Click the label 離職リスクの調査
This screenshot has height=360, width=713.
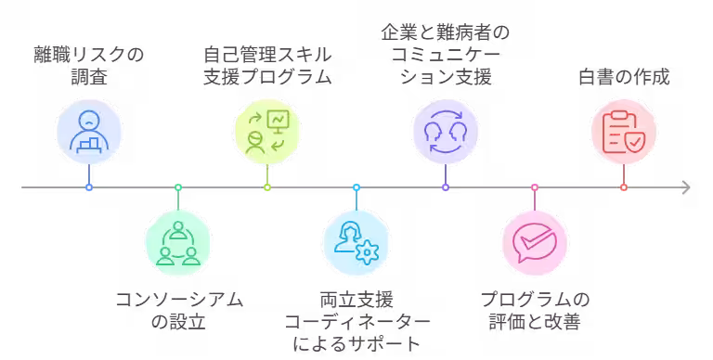click(x=89, y=66)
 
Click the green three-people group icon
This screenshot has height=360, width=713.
click(x=178, y=243)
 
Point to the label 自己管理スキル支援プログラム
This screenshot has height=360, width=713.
click(x=267, y=66)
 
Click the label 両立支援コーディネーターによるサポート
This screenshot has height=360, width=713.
click(x=356, y=321)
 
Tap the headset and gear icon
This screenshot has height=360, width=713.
click(x=356, y=243)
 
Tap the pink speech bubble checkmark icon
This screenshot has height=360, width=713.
click(x=535, y=243)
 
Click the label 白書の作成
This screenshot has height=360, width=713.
click(x=624, y=77)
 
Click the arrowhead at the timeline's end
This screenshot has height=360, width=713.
click(x=686, y=187)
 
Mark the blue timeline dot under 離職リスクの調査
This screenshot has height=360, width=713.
click(x=89, y=187)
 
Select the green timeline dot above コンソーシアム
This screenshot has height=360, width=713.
click(x=178, y=187)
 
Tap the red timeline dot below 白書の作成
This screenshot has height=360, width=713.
click(x=624, y=187)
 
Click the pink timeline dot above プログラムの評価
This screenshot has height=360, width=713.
click(x=535, y=187)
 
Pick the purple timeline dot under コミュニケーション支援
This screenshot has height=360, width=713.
click(x=446, y=187)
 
